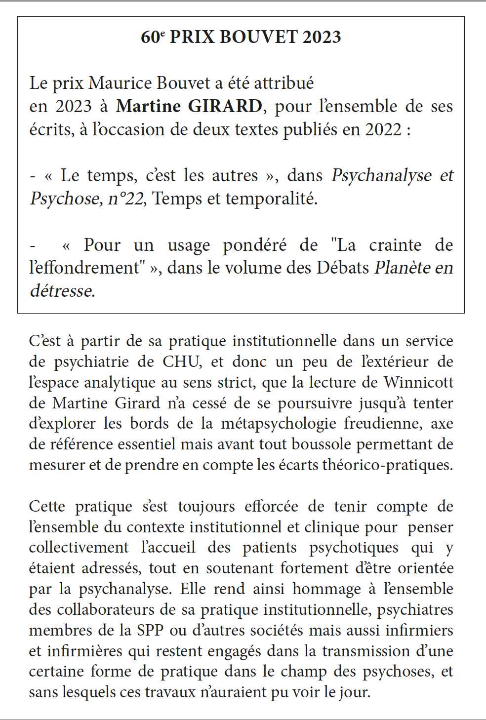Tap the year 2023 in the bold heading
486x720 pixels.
[x=322, y=37]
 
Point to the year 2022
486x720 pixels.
[x=383, y=129]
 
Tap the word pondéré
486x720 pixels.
[x=254, y=245]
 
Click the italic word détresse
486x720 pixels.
[x=62, y=291]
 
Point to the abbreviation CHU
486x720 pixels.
[x=181, y=362]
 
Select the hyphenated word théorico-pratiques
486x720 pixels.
[x=387, y=465]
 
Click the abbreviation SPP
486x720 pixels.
[x=148, y=631]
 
